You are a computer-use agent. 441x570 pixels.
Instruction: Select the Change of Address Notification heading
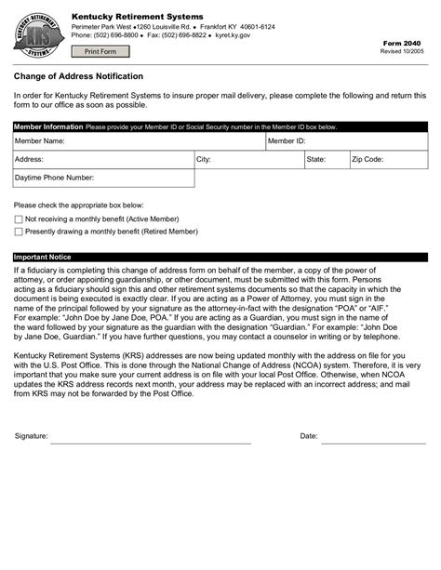coord(78,75)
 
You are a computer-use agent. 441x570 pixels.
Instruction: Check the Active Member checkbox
coord(18,219)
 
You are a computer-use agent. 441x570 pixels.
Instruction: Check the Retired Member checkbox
coord(18,232)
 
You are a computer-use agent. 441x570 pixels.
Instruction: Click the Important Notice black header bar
coord(220,257)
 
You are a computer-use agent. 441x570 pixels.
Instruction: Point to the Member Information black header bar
coord(220,126)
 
